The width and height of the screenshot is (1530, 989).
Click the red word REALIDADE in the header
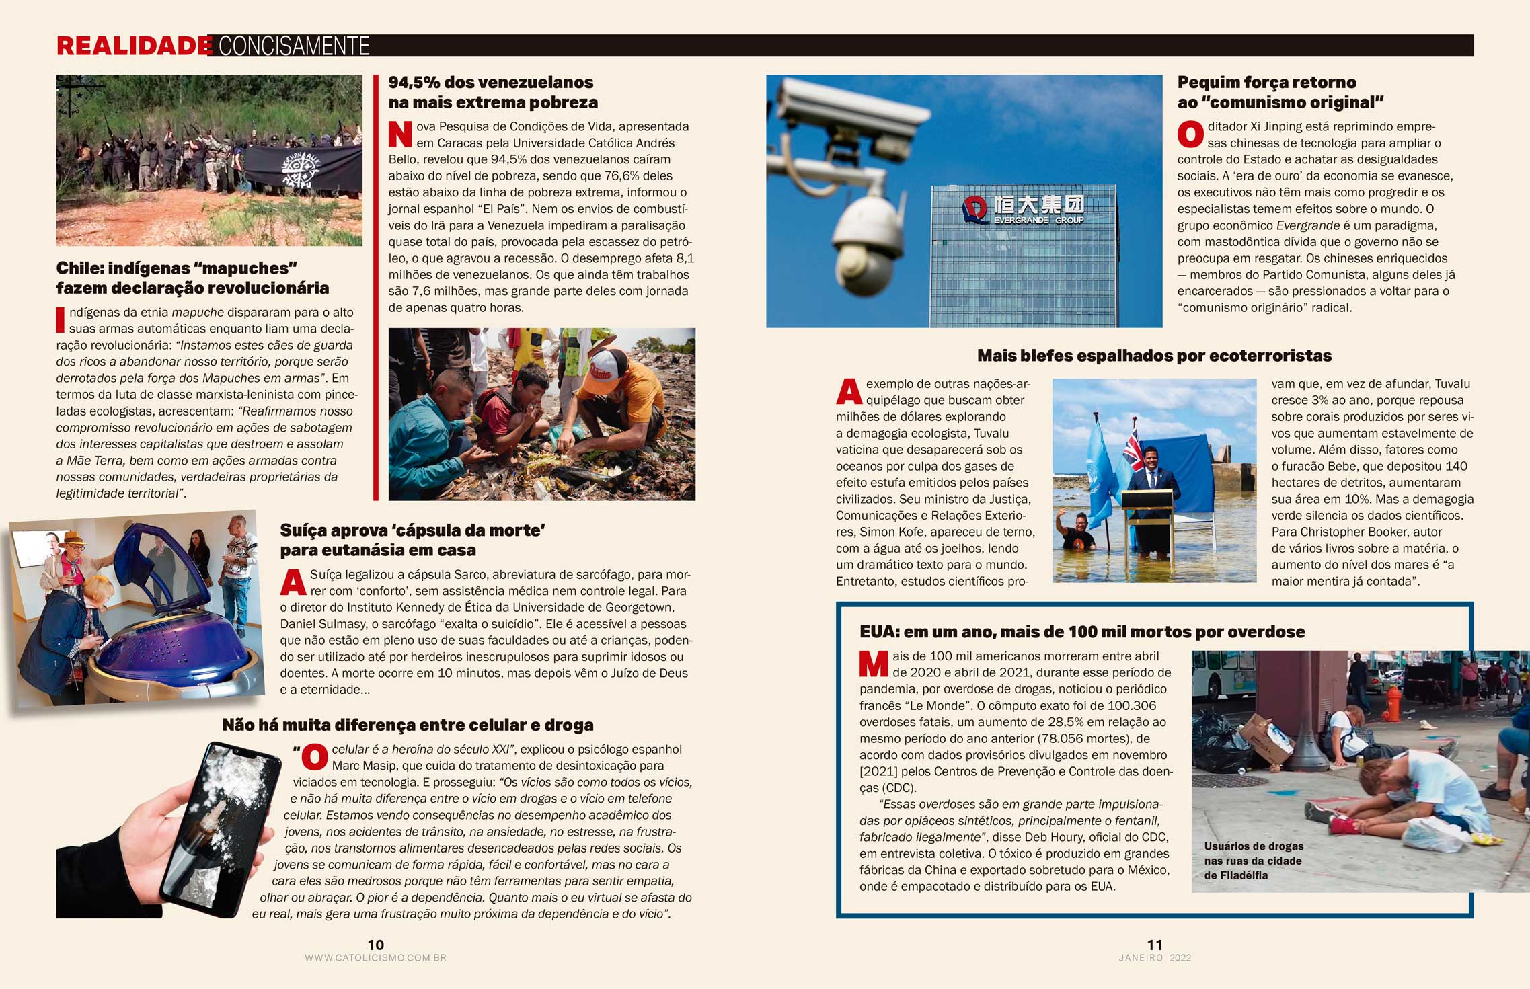(x=134, y=46)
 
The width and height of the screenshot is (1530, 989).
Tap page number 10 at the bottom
(x=375, y=945)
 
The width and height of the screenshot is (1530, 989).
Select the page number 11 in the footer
(x=1154, y=945)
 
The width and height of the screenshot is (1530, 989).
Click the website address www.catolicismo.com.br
(x=375, y=958)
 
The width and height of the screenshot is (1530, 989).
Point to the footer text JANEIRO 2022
(x=1155, y=958)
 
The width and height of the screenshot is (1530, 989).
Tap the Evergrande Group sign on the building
(x=1024, y=209)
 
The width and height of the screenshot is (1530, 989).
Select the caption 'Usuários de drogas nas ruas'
(x=1253, y=861)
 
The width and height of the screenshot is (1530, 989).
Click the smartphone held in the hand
(x=219, y=827)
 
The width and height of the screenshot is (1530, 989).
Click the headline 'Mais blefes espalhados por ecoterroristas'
(x=1154, y=356)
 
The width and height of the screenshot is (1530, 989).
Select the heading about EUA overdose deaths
(x=1081, y=632)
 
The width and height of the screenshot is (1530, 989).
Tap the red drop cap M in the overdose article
(x=874, y=664)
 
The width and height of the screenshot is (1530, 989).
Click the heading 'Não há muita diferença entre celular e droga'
(x=408, y=725)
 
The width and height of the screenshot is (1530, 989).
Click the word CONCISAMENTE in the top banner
(x=294, y=46)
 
